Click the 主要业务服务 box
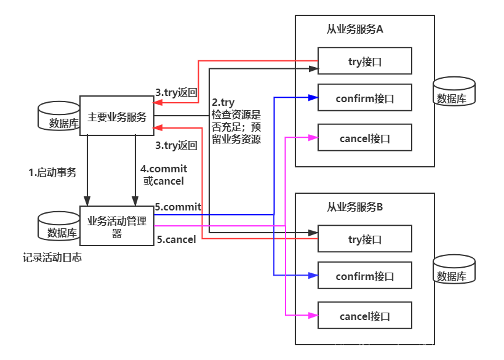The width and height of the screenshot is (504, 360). coord(117,116)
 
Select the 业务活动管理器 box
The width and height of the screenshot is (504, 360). coord(117,226)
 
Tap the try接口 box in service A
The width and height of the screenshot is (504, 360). coord(365,62)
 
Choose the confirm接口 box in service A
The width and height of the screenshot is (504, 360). coord(365,98)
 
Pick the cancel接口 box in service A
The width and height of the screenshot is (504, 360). coord(365,138)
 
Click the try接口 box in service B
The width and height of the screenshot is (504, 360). coord(365,239)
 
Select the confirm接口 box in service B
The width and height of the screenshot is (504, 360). coord(365,276)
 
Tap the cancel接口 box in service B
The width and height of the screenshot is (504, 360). coord(365,316)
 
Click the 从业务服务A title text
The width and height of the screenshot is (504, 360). coord(355,29)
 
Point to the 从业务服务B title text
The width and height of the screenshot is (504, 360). coord(355,207)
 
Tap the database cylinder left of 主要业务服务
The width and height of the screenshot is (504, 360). coord(60,117)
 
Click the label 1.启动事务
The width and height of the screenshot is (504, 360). coord(52,173)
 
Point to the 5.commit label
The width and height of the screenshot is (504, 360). coord(178,207)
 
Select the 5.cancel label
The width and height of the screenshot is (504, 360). coord(176,239)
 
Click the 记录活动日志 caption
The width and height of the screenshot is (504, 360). coord(52,258)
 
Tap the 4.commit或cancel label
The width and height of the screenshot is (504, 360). coord(164,175)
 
